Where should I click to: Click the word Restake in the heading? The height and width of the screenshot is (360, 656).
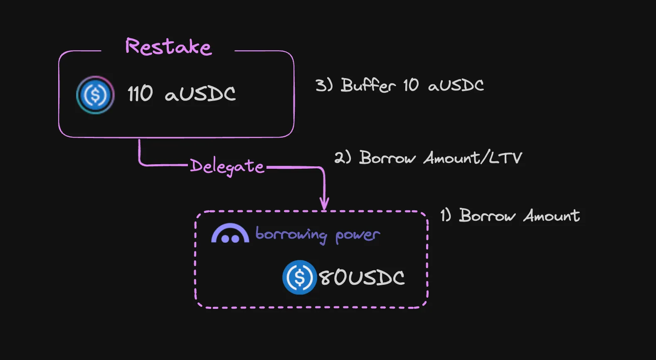coord(168,47)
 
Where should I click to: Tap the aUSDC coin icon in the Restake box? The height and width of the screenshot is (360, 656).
coord(95,95)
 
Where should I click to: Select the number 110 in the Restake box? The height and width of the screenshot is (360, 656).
coord(140,94)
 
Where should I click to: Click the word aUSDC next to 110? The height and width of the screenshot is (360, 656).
coord(200,94)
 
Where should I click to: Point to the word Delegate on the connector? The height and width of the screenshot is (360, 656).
coord(227,167)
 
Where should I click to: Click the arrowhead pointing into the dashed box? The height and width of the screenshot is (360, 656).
coord(324,204)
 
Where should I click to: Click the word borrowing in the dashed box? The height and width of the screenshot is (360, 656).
coord(291,235)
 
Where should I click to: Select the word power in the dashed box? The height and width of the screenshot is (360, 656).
coord(358,236)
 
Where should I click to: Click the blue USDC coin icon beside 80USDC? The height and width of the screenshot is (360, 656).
coord(299,277)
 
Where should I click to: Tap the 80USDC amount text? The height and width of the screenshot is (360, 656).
coord(362,278)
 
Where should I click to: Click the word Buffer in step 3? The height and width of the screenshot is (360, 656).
coord(368,85)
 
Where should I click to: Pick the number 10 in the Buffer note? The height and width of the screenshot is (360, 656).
coord(411,85)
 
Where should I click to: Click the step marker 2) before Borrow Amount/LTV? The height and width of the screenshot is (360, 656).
coord(343,158)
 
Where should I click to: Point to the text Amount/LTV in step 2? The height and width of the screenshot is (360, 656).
coord(473,158)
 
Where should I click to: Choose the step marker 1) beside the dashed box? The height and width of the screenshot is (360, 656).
coord(446,215)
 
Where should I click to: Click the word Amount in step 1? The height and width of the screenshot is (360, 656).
coord(551,216)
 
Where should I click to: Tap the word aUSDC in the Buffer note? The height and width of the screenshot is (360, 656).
coord(456,86)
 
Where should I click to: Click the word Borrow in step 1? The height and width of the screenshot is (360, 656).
coord(487,216)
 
